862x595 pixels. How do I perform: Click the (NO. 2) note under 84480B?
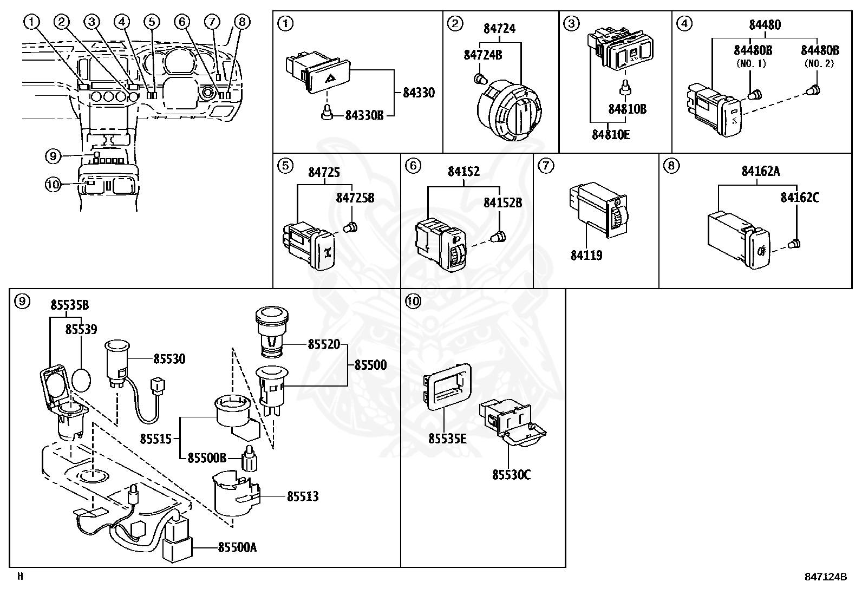coord(820,63)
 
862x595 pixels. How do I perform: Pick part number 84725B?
coord(355,198)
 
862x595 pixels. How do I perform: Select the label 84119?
coord(586,254)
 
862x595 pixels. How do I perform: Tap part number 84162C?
coord(799,198)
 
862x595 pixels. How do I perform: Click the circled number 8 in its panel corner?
coord(670,166)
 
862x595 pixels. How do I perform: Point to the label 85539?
coord(81,329)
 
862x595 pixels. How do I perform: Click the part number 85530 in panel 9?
coord(169,358)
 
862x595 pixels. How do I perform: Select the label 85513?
coord(302,496)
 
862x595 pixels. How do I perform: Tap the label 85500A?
coord(237,547)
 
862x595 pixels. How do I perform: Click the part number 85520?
coord(324,344)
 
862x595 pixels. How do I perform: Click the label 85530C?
coord(511,475)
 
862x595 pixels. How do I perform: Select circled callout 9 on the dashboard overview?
coord(52,156)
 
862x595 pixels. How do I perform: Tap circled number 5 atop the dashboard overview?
coord(152,22)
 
